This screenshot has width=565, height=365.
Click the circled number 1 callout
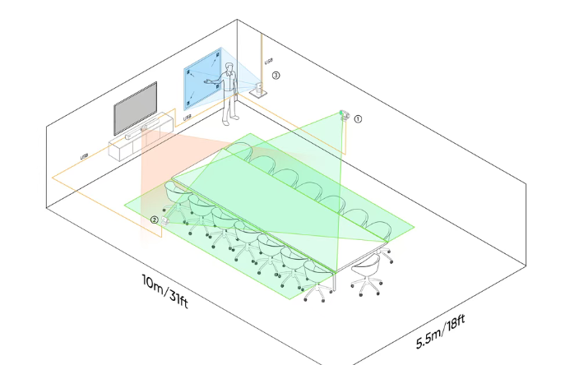358,118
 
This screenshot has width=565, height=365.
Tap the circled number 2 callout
154,219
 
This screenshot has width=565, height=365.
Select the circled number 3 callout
276,75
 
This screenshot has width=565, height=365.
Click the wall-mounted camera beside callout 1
345,114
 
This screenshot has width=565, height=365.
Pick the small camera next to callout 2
164,221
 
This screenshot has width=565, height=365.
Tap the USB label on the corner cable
268,61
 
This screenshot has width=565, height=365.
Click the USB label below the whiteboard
188,118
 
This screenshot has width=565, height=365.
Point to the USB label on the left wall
84,157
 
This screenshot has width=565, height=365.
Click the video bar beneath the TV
149,128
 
